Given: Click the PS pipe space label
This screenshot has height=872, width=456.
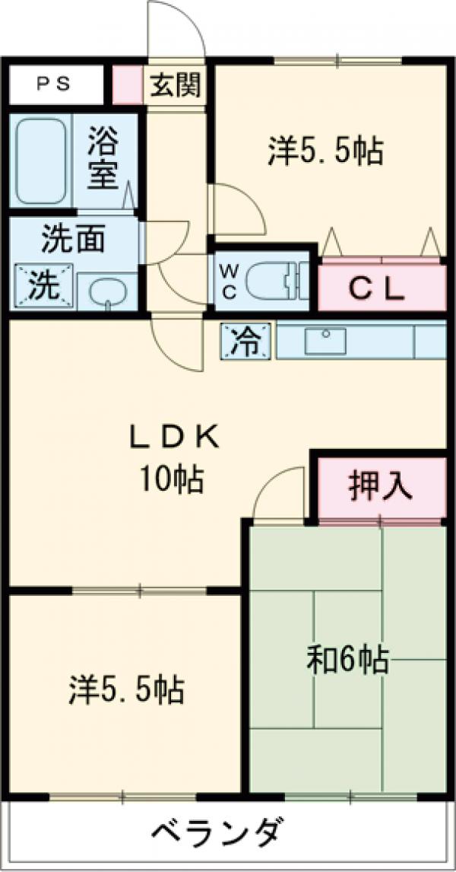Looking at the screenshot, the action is (x=54, y=84).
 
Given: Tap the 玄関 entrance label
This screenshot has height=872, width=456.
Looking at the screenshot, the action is (x=175, y=85).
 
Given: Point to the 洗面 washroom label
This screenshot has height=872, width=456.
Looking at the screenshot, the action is (x=73, y=240).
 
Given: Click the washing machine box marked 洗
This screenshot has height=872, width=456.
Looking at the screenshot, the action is (x=44, y=285).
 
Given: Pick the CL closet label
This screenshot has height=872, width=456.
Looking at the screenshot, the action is (x=376, y=288).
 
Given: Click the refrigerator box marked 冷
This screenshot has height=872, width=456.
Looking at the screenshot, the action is (x=246, y=341).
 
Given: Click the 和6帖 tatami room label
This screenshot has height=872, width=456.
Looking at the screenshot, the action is (x=347, y=660).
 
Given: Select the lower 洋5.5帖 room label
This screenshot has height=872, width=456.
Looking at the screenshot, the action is (x=127, y=689).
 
